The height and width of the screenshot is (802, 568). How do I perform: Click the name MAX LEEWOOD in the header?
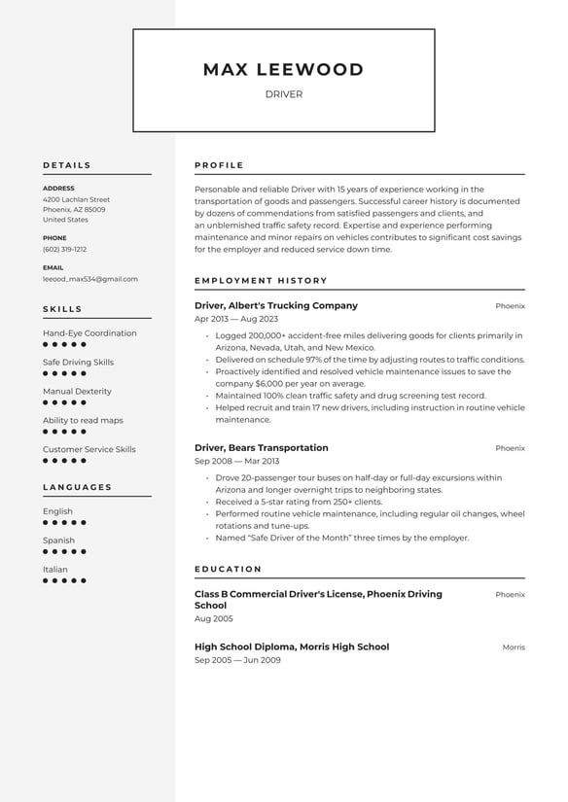283,70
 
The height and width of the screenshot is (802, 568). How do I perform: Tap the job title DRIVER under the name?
283,94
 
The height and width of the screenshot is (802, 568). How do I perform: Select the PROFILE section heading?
219,165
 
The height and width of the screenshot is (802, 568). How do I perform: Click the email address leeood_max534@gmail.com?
89,278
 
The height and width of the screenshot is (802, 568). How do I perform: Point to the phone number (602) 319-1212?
64,249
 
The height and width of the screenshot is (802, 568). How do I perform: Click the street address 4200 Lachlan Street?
76,199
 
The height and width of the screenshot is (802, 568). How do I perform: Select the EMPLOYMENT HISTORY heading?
261,281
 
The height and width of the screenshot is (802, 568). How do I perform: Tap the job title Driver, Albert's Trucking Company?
276,305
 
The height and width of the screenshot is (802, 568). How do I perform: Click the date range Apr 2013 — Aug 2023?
236,319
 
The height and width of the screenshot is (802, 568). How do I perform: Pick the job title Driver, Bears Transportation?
262,448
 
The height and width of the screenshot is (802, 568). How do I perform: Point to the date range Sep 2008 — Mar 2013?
236,462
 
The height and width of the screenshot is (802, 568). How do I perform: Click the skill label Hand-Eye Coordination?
89,333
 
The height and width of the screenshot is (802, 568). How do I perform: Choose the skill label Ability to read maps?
83,420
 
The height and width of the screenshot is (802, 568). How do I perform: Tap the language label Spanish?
58,540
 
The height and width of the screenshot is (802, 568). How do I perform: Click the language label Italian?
55,570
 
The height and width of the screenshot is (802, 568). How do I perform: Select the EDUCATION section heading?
228,569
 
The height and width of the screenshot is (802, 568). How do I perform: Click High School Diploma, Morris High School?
292,646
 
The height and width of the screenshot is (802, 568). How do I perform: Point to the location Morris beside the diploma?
514,647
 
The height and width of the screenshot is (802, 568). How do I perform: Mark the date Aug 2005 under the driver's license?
214,618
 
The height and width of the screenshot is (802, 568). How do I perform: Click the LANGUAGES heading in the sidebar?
77,487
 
